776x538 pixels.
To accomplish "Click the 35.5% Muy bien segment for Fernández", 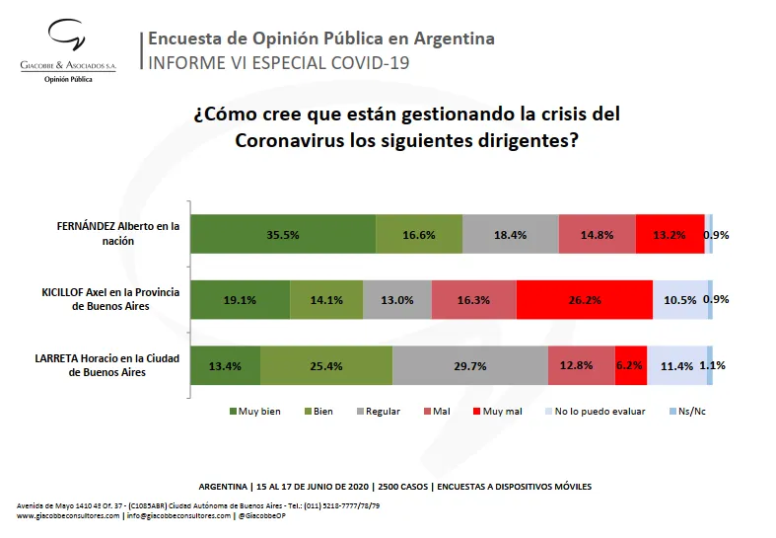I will click(x=282, y=234).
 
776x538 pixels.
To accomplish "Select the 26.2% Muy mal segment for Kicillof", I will click(x=584, y=299).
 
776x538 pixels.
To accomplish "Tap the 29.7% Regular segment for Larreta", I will click(x=469, y=365).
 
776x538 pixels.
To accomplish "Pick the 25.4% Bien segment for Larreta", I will click(x=325, y=365).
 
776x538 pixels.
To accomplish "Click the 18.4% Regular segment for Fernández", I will click(x=510, y=234).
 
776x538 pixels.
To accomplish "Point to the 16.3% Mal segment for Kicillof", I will click(x=473, y=299).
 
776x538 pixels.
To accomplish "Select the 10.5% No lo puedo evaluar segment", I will click(x=679, y=299).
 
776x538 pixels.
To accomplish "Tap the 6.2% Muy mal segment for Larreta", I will click(x=630, y=365).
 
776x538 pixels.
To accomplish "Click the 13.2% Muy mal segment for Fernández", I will click(x=670, y=234).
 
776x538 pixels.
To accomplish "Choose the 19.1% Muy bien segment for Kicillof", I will click(x=240, y=299).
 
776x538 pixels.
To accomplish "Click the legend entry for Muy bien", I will click(x=254, y=411).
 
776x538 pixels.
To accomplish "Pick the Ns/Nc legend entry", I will click(x=687, y=411).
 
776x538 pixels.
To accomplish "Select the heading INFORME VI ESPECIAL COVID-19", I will click(x=277, y=63).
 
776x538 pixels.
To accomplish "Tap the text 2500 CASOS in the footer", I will click(x=395, y=487).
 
